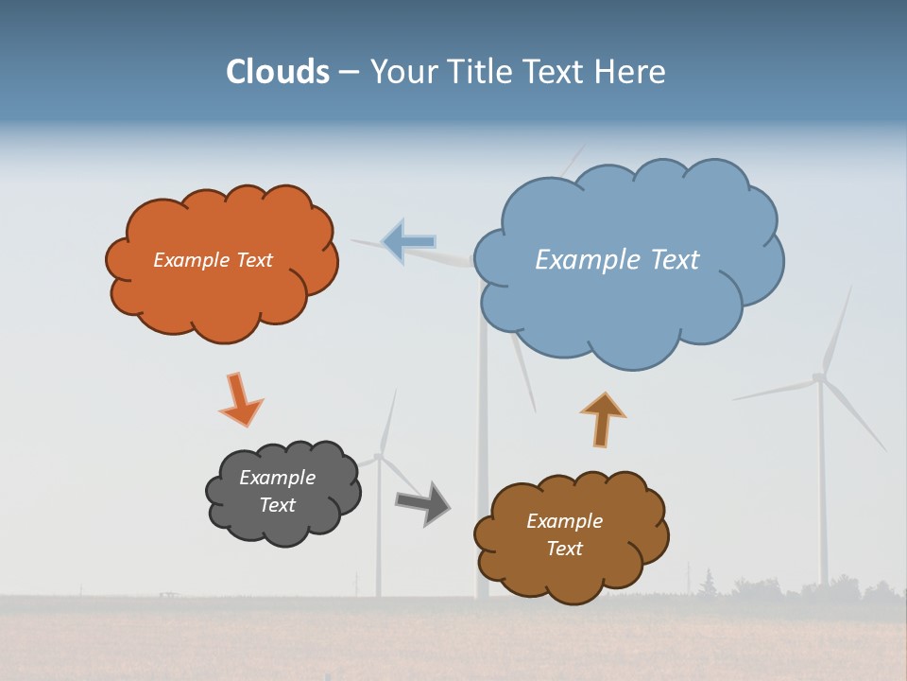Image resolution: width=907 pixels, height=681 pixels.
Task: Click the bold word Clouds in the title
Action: pyautogui.click(x=278, y=72)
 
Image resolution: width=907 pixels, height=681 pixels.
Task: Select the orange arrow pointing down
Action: pyautogui.click(x=239, y=400)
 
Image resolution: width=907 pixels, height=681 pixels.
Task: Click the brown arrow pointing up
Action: pyautogui.click(x=603, y=420)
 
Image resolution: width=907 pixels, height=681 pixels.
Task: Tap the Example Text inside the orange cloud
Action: pyautogui.click(x=213, y=260)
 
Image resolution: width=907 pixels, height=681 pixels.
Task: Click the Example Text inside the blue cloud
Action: pyautogui.click(x=617, y=260)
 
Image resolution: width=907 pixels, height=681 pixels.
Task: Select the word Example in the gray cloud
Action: pyautogui.click(x=277, y=478)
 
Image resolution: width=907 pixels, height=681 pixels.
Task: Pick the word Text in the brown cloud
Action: pyautogui.click(x=564, y=549)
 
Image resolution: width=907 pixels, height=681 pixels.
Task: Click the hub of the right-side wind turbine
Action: pyautogui.click(x=819, y=378)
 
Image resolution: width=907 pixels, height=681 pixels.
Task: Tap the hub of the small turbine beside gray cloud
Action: pyautogui.click(x=379, y=457)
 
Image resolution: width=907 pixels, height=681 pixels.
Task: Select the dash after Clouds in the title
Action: pyautogui.click(x=349, y=73)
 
